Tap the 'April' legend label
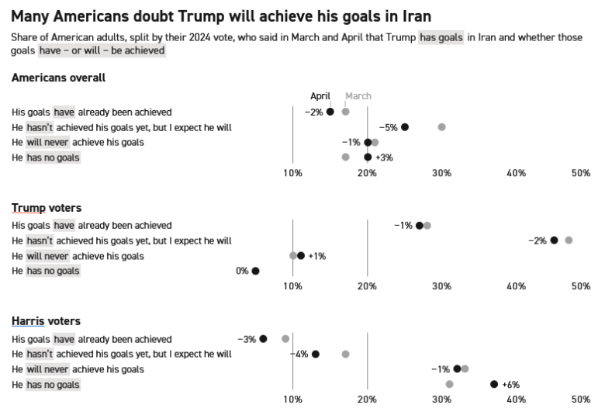click(x=320, y=96)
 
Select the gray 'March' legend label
click(x=358, y=96)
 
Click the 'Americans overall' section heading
click(x=58, y=78)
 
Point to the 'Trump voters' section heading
click(x=47, y=208)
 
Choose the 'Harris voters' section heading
click(x=47, y=321)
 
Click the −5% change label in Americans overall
click(x=388, y=127)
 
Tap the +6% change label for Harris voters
click(x=510, y=385)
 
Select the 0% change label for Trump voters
click(x=242, y=271)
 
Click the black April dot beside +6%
click(x=494, y=384)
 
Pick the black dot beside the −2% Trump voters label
click(x=554, y=240)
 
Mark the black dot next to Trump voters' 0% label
click(x=255, y=271)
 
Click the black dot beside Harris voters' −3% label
click(x=263, y=339)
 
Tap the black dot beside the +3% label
click(x=368, y=157)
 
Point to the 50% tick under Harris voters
click(x=581, y=399)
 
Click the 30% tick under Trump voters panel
click(x=441, y=286)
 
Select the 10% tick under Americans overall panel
click(x=292, y=172)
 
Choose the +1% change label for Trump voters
click(x=316, y=256)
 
